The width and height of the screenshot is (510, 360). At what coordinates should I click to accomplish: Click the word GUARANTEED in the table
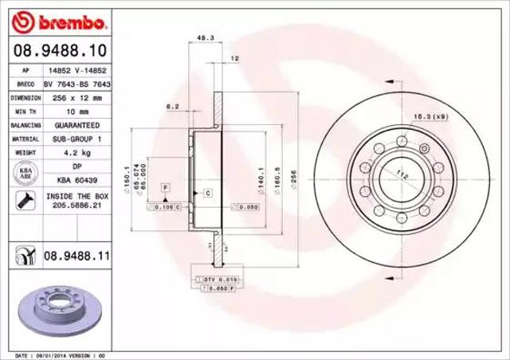76,125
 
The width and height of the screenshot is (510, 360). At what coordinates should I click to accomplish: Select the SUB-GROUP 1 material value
76,139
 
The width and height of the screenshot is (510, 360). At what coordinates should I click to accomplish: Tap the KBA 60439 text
76,180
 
